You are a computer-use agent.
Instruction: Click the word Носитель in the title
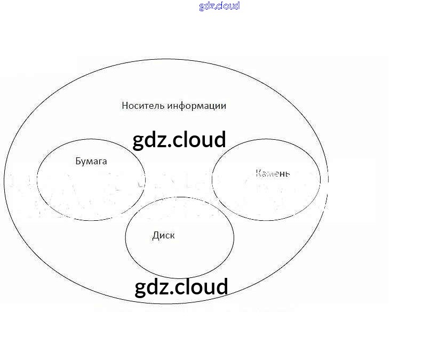[x=143, y=106]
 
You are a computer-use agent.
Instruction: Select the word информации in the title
[x=197, y=106]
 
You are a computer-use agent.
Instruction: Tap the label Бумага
[x=91, y=161]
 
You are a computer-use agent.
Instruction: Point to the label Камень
[x=272, y=173]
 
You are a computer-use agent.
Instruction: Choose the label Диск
[x=163, y=236]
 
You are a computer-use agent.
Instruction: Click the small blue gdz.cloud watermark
[x=219, y=6]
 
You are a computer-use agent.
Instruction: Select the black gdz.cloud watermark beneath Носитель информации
[x=179, y=140]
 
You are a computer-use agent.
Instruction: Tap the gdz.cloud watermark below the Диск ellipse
[x=181, y=287]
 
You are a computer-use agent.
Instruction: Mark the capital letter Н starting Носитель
[x=125, y=106]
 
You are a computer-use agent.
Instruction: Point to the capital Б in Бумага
[x=78, y=161]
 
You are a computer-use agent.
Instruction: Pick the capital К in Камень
[x=258, y=173]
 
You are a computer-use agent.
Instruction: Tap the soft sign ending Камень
[x=288, y=174]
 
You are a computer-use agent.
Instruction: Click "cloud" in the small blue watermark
[x=228, y=6]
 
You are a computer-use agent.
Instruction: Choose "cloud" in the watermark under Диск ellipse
[x=201, y=286]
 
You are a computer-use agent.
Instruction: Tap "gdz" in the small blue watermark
[x=207, y=6]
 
